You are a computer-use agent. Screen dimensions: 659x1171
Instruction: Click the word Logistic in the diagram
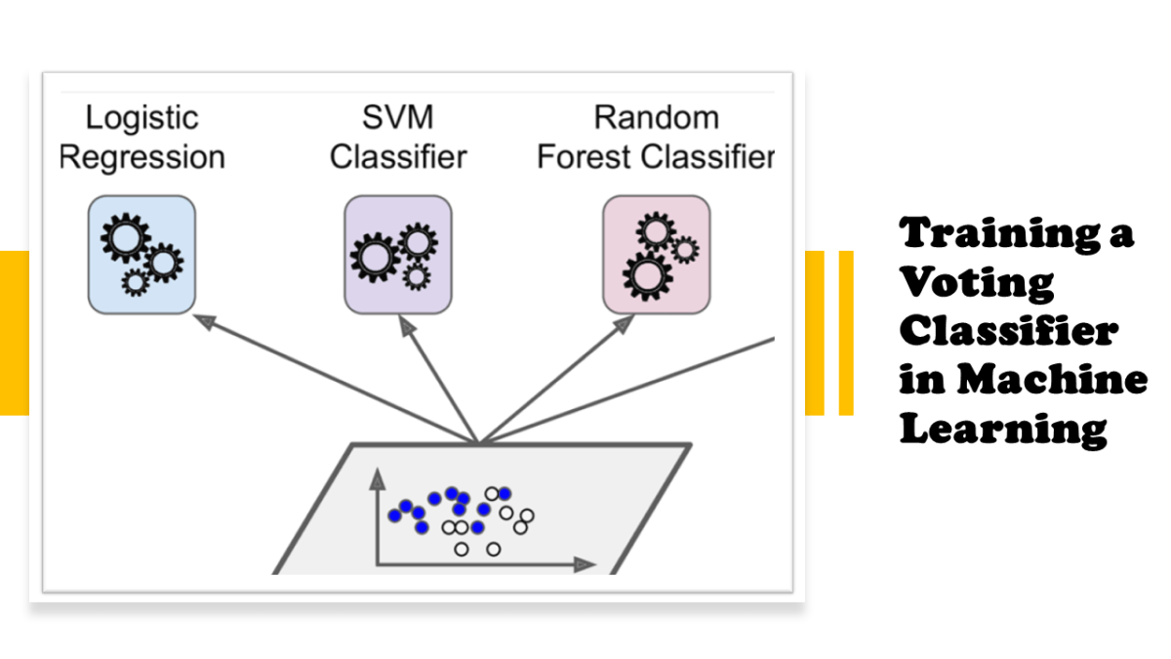[141, 118]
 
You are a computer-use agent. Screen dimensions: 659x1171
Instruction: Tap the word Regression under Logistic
[141, 157]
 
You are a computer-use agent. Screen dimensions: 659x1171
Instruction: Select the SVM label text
[397, 118]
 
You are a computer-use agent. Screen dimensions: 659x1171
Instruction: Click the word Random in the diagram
[656, 118]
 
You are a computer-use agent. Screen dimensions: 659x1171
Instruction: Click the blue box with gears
[141, 254]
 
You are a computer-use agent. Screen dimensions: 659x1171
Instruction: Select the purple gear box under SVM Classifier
[398, 254]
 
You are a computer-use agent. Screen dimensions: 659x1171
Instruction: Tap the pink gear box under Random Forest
[655, 254]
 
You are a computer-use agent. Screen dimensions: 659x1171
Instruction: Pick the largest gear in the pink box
[645, 273]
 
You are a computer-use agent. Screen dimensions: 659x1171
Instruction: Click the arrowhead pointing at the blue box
[203, 319]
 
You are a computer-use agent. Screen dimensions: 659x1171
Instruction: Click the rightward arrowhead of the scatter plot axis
[587, 564]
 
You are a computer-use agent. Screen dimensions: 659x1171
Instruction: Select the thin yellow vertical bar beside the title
[846, 332]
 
